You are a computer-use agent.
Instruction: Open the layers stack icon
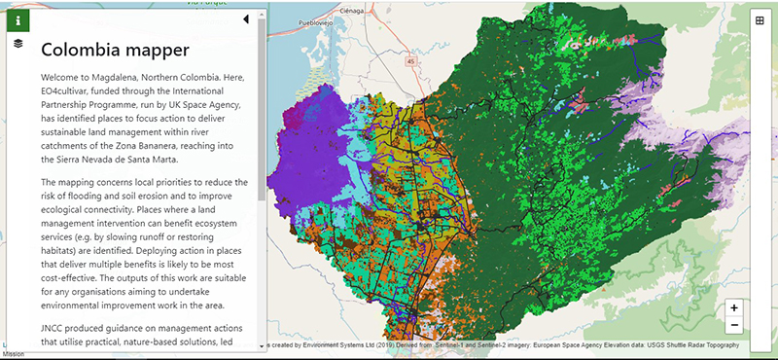point(18,44)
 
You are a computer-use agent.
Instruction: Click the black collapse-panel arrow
point(246,18)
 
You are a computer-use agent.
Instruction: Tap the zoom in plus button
point(734,307)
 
